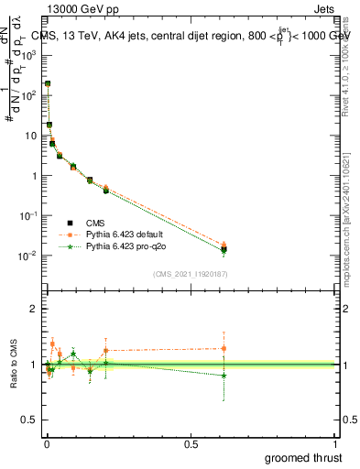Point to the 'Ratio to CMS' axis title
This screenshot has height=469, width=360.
[13, 365]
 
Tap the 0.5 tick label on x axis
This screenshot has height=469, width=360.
[191, 443]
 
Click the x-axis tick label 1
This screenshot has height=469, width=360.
[335, 443]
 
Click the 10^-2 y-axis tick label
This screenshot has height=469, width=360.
[28, 256]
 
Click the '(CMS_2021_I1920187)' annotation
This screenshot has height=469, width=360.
[190, 273]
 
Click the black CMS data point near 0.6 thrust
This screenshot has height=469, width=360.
[224, 249]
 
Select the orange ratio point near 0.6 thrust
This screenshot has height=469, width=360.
[224, 348]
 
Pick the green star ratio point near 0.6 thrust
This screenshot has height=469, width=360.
[224, 376]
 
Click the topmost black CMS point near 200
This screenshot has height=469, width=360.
[48, 83]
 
